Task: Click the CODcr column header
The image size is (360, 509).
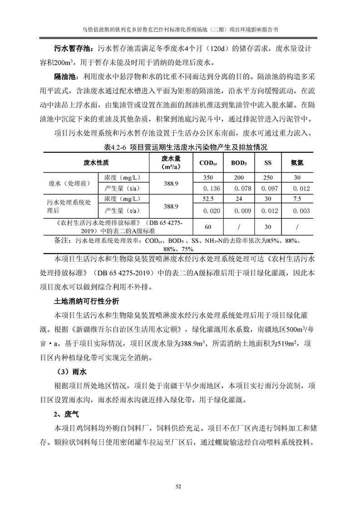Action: pyautogui.click(x=208, y=163)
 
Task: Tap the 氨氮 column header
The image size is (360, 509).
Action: pyautogui.click(x=297, y=163)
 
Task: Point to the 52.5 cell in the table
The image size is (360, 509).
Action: pyautogui.click(x=208, y=199)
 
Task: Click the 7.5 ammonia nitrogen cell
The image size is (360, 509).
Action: pyautogui.click(x=297, y=199)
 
